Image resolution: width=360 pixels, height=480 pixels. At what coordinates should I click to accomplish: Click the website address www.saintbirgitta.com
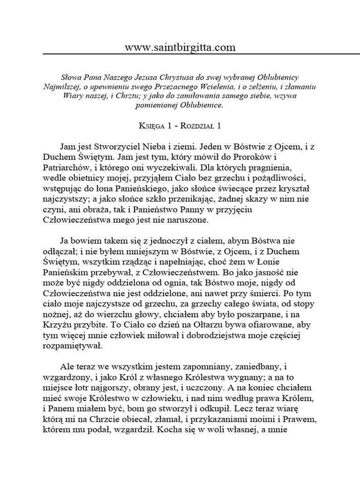[180, 48]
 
